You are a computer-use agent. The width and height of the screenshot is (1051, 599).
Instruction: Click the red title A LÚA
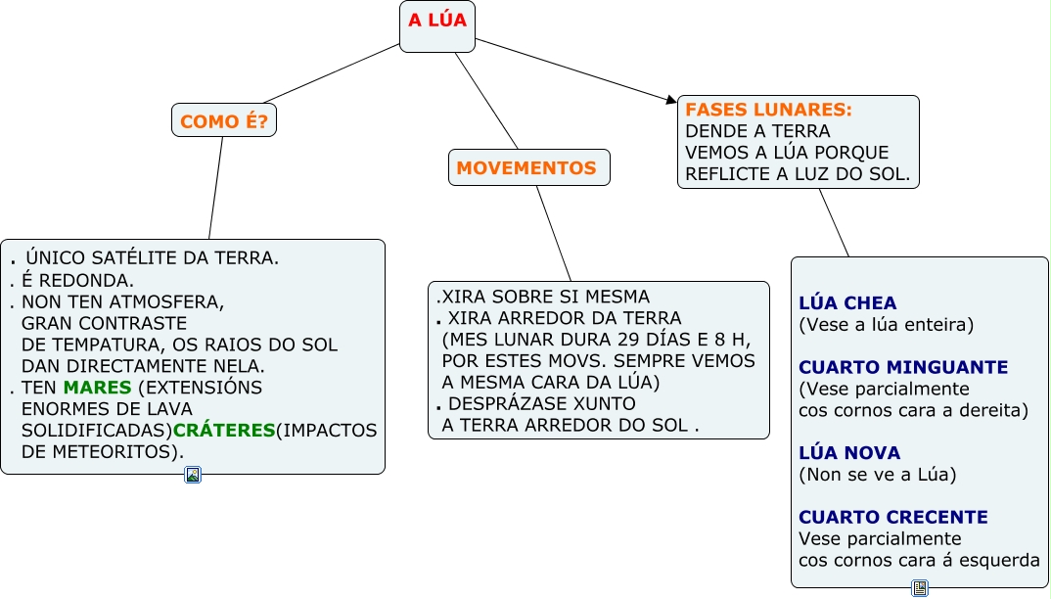tap(436, 21)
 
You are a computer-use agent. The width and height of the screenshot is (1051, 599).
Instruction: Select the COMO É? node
tap(223, 121)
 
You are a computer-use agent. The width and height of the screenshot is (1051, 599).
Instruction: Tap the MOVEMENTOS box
tap(526, 168)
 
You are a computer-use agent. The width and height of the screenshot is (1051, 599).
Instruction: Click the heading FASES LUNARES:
tap(768, 110)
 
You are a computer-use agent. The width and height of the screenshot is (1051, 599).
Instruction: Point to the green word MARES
tap(97, 388)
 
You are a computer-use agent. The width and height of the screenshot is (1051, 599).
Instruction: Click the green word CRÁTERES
tap(224, 431)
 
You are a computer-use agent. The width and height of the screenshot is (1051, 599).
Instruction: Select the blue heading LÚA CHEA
tap(847, 303)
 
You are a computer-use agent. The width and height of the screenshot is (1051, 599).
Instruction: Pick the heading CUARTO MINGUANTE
tap(903, 367)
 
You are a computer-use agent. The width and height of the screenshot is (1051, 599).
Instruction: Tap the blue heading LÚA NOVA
tap(849, 453)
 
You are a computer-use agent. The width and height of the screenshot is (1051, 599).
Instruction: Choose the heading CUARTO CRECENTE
tap(893, 517)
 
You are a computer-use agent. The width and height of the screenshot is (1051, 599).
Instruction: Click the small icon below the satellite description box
tap(193, 475)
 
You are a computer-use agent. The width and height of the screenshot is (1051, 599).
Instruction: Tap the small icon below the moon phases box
tap(920, 587)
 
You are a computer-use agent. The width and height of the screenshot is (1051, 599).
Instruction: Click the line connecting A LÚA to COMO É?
tap(333, 73)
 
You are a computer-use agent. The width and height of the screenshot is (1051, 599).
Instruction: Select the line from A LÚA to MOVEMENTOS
tap(486, 101)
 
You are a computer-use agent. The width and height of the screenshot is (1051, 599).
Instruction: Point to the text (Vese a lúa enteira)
tap(887, 325)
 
